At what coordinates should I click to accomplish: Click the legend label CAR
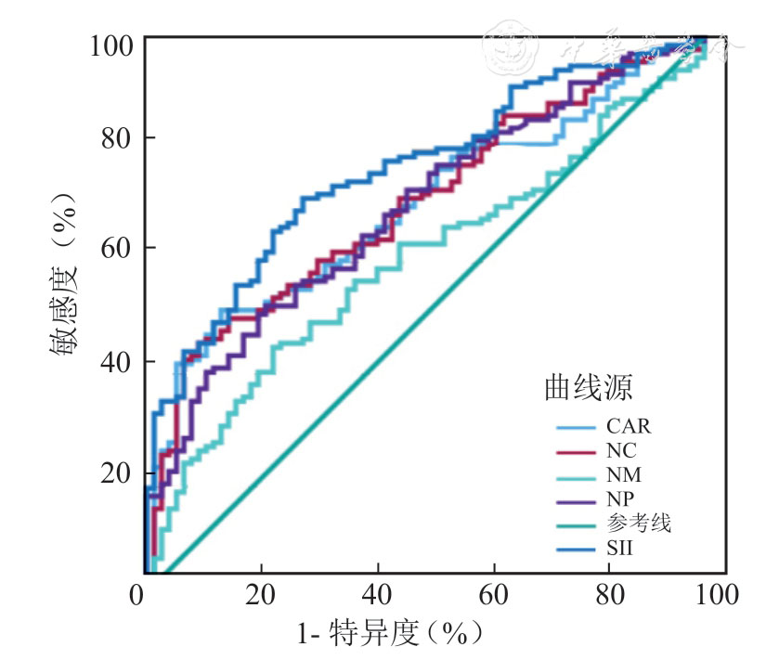628,428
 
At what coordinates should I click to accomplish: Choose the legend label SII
619,550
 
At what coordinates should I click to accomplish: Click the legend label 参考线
639,525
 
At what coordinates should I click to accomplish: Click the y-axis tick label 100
112,44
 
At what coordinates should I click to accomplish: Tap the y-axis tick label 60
120,248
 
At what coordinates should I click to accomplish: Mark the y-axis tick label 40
120,361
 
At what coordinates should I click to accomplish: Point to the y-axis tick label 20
120,473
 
